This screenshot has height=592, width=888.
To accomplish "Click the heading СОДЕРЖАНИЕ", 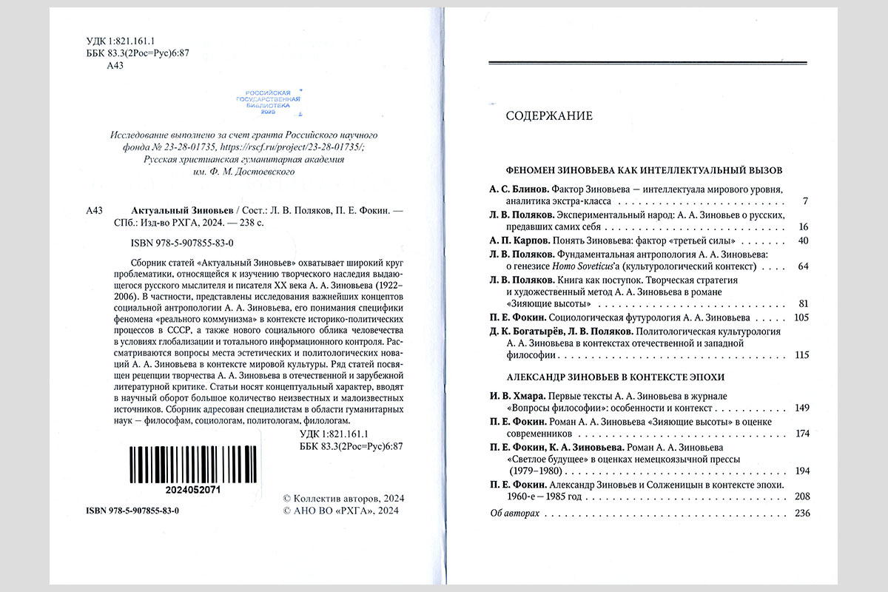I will point(549,116).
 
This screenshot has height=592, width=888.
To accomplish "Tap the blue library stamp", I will point(268,100).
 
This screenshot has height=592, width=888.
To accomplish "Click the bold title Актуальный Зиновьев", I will point(177,210).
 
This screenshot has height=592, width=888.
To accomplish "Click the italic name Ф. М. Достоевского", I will point(243,172).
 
